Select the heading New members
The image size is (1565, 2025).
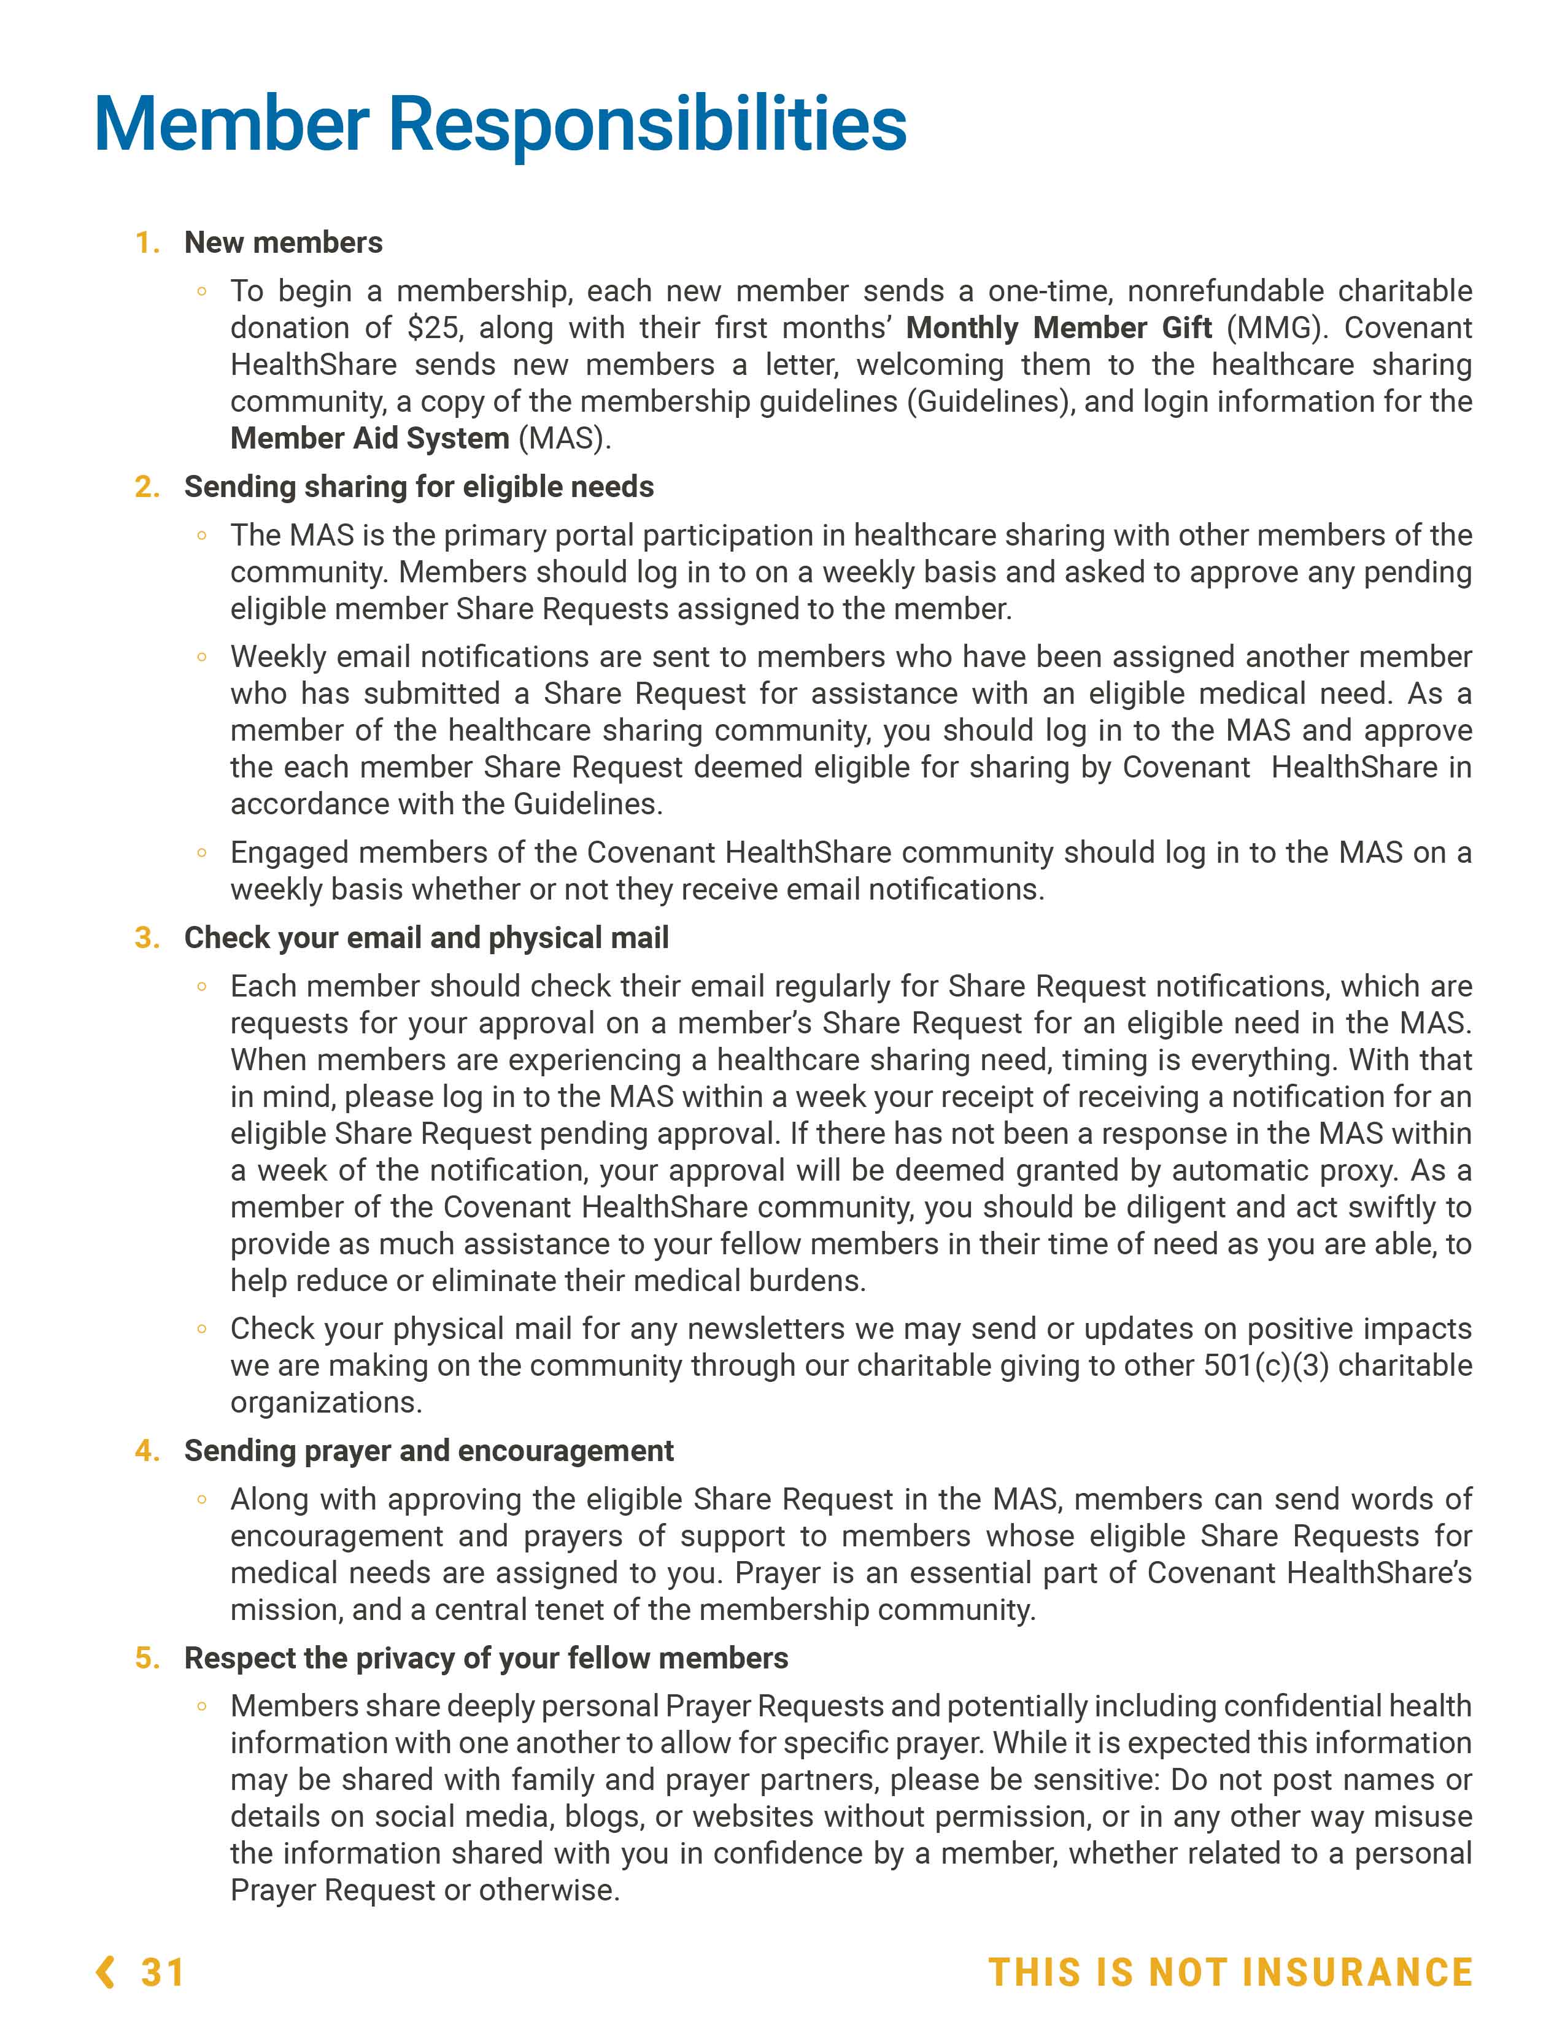(x=283, y=243)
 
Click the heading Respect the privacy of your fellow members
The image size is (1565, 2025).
(x=486, y=1658)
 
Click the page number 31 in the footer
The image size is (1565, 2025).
(x=162, y=1972)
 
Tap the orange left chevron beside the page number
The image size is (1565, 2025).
(x=106, y=1972)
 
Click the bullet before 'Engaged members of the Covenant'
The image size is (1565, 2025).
(x=201, y=853)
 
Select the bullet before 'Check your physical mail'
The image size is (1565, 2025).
(x=201, y=1330)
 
